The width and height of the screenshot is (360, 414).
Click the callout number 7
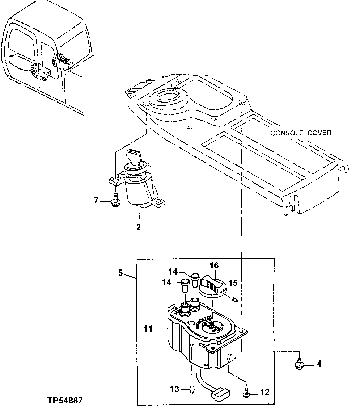click(96, 200)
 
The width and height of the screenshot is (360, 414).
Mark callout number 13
click(175, 389)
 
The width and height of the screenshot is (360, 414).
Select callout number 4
click(319, 363)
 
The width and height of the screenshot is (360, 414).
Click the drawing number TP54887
click(64, 401)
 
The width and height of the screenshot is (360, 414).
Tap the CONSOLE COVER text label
click(301, 133)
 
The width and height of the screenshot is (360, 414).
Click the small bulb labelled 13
click(193, 390)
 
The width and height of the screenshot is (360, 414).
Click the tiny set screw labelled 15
click(234, 300)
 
